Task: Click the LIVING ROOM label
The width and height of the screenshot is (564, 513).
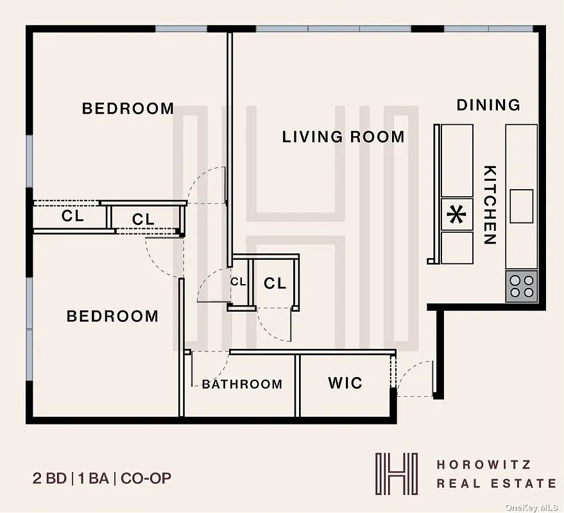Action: point(343,137)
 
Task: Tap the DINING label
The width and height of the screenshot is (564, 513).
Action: point(488,105)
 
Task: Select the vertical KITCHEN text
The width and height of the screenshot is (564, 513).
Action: point(490,205)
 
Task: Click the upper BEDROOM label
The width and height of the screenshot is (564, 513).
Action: point(128,108)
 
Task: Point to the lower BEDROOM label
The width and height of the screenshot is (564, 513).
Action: point(112,316)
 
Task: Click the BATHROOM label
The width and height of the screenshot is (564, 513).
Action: point(242,385)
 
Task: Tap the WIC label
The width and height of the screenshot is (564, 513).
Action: point(345,383)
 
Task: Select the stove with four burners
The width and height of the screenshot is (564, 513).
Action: point(521,286)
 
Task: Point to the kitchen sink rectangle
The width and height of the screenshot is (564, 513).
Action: point(522,206)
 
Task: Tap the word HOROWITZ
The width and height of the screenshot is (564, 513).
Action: point(484,464)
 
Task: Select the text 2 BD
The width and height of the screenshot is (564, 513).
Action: point(50,478)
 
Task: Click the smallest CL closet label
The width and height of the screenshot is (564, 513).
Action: point(238,282)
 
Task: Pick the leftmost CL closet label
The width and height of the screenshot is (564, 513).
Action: point(73,216)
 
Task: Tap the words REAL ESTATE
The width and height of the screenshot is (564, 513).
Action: point(496,483)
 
